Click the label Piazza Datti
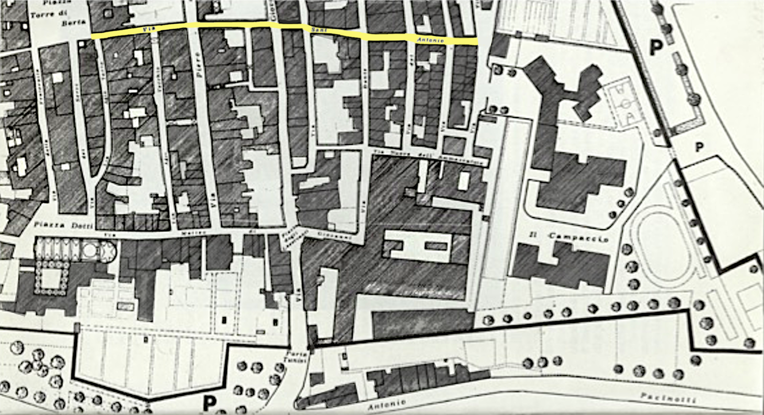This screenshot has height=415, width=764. (x=63, y=225)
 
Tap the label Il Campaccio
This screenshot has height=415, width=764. (x=569, y=238)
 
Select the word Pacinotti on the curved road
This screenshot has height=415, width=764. (x=668, y=398)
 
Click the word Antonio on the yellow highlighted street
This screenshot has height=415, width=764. (x=430, y=40)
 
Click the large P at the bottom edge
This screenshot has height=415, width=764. (x=209, y=404)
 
